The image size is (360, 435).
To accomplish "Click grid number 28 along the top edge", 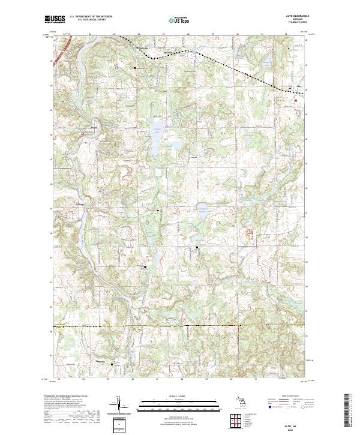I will click(x=188, y=35).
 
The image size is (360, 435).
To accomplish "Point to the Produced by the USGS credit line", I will click(x=78, y=397).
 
